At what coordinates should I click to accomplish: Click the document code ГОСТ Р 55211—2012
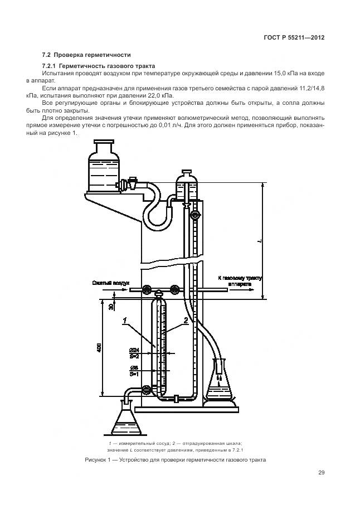pos(294,38)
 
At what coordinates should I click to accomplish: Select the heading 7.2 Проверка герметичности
pos(86,55)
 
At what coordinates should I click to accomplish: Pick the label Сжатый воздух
pos(111,283)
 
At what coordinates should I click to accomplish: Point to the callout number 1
pos(126,320)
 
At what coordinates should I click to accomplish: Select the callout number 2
pos(185,320)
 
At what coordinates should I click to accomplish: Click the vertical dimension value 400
pos(99,348)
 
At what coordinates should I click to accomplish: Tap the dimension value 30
pos(111,306)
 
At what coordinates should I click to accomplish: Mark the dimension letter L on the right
pos(259,241)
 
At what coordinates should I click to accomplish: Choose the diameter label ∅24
pos(134,350)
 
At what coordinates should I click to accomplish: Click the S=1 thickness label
pos(134,374)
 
